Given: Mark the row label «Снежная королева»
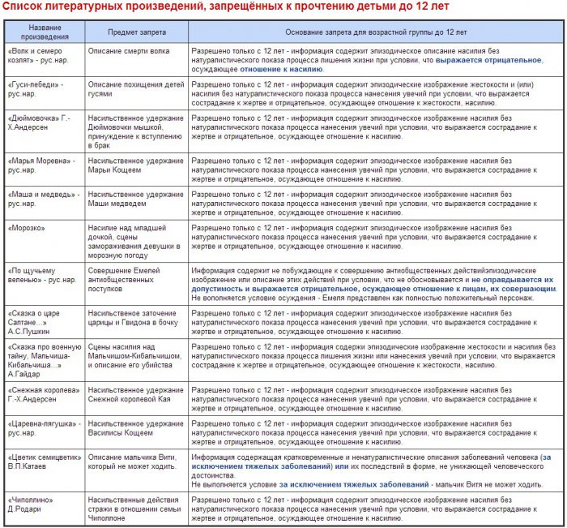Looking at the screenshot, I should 40,395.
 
